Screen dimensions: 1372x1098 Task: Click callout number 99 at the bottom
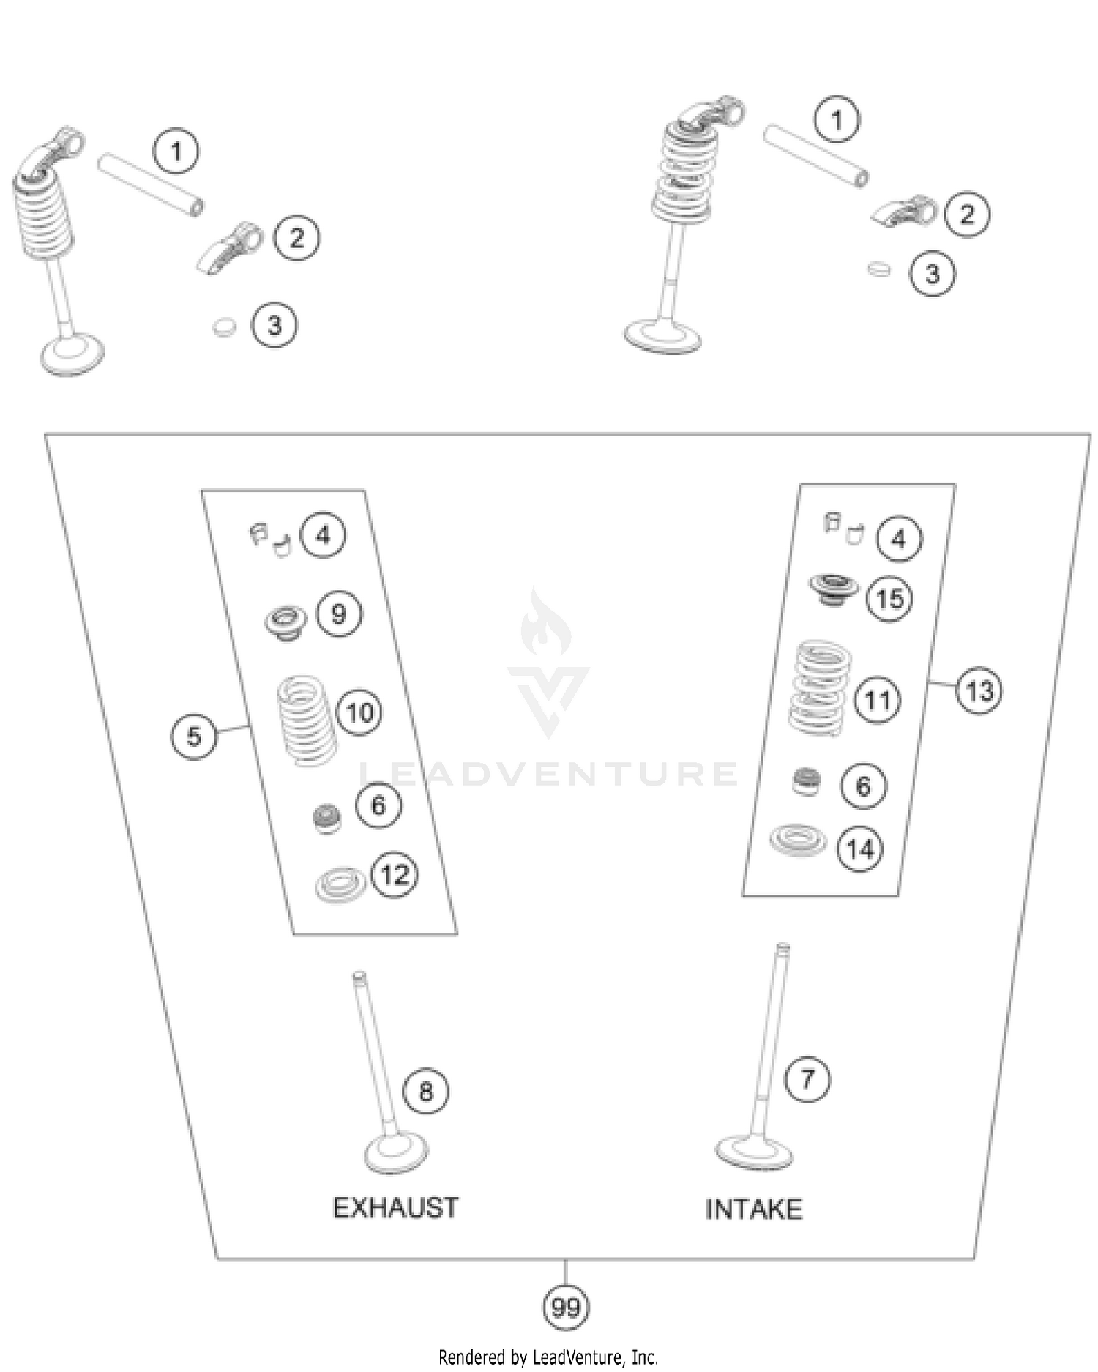pyautogui.click(x=565, y=1307)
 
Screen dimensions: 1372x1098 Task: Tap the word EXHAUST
pyautogui.click(x=396, y=1207)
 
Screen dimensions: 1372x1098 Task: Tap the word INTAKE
pyautogui.click(x=753, y=1209)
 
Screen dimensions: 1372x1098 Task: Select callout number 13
pyautogui.click(x=979, y=690)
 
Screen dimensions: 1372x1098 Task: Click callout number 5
pyautogui.click(x=193, y=736)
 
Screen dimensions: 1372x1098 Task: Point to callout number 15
pyautogui.click(x=889, y=599)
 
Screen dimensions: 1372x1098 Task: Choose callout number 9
pyautogui.click(x=339, y=614)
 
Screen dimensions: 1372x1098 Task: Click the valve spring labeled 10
pyautogui.click(x=307, y=720)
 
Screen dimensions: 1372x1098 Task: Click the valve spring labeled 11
pyautogui.click(x=820, y=688)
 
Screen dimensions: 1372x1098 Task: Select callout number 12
pyautogui.click(x=395, y=874)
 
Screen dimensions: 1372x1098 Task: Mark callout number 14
pyautogui.click(x=859, y=849)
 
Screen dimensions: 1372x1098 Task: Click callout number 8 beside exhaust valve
pyautogui.click(x=426, y=1092)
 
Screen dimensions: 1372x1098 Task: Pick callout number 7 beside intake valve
pyautogui.click(x=807, y=1078)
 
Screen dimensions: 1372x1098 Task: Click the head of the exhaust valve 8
pyautogui.click(x=396, y=1155)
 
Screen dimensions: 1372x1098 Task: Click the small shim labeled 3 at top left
pyautogui.click(x=225, y=327)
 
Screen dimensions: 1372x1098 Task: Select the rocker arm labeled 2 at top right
pyautogui.click(x=906, y=212)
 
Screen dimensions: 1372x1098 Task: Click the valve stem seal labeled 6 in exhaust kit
pyautogui.click(x=326, y=818)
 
